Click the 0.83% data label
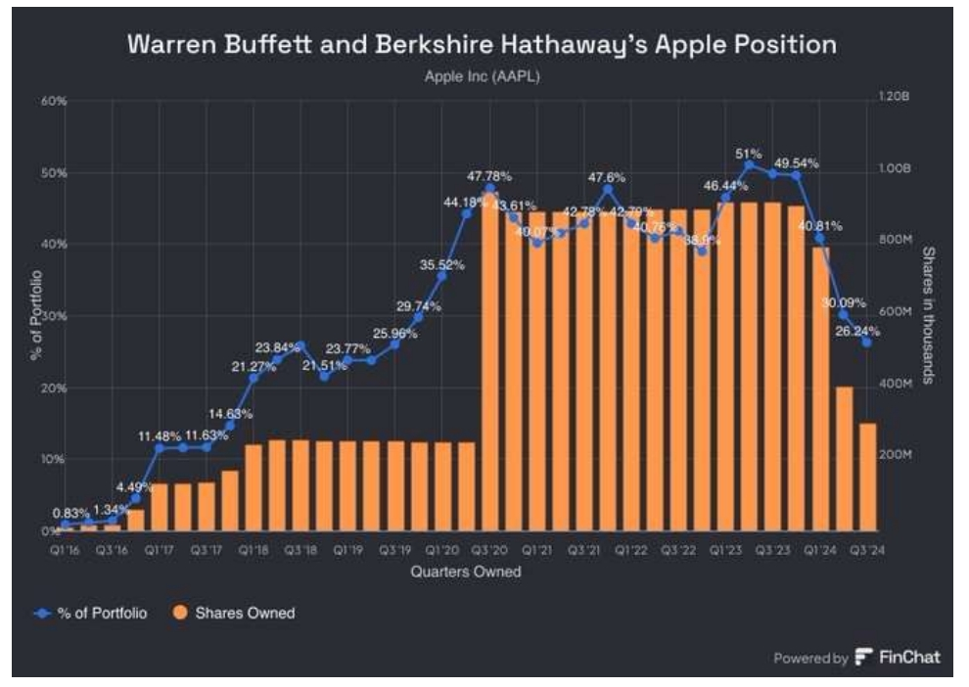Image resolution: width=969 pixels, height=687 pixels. point(71,512)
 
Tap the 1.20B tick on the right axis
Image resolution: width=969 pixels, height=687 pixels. point(895,98)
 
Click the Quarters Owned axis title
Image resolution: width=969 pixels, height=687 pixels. point(466,572)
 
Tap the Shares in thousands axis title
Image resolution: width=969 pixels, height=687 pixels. point(929,315)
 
